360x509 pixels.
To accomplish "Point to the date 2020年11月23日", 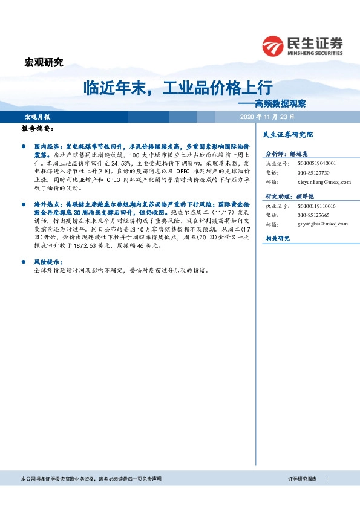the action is [267, 116].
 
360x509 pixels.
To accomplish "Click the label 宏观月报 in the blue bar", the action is [37, 116].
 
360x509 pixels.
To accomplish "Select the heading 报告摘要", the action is [38, 129].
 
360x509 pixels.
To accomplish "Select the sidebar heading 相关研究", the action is [277, 239].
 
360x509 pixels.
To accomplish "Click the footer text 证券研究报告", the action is [302, 479].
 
